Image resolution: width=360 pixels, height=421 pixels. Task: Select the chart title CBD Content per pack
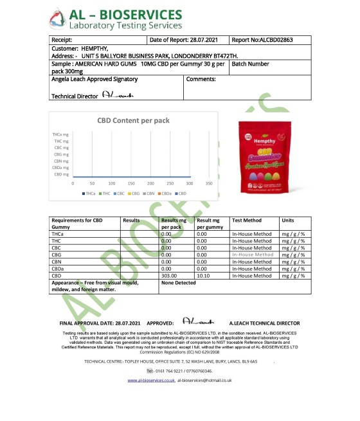(129, 120)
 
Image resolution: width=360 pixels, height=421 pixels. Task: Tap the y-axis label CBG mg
(62, 154)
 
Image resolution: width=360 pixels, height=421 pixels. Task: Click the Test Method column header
(248, 220)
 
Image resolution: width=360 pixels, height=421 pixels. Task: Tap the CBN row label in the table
(58, 262)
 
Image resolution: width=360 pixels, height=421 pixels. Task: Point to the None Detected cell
(178, 283)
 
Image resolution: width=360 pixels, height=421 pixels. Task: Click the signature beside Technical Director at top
(118, 95)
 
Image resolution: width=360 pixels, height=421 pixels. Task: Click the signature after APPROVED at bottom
(194, 321)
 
